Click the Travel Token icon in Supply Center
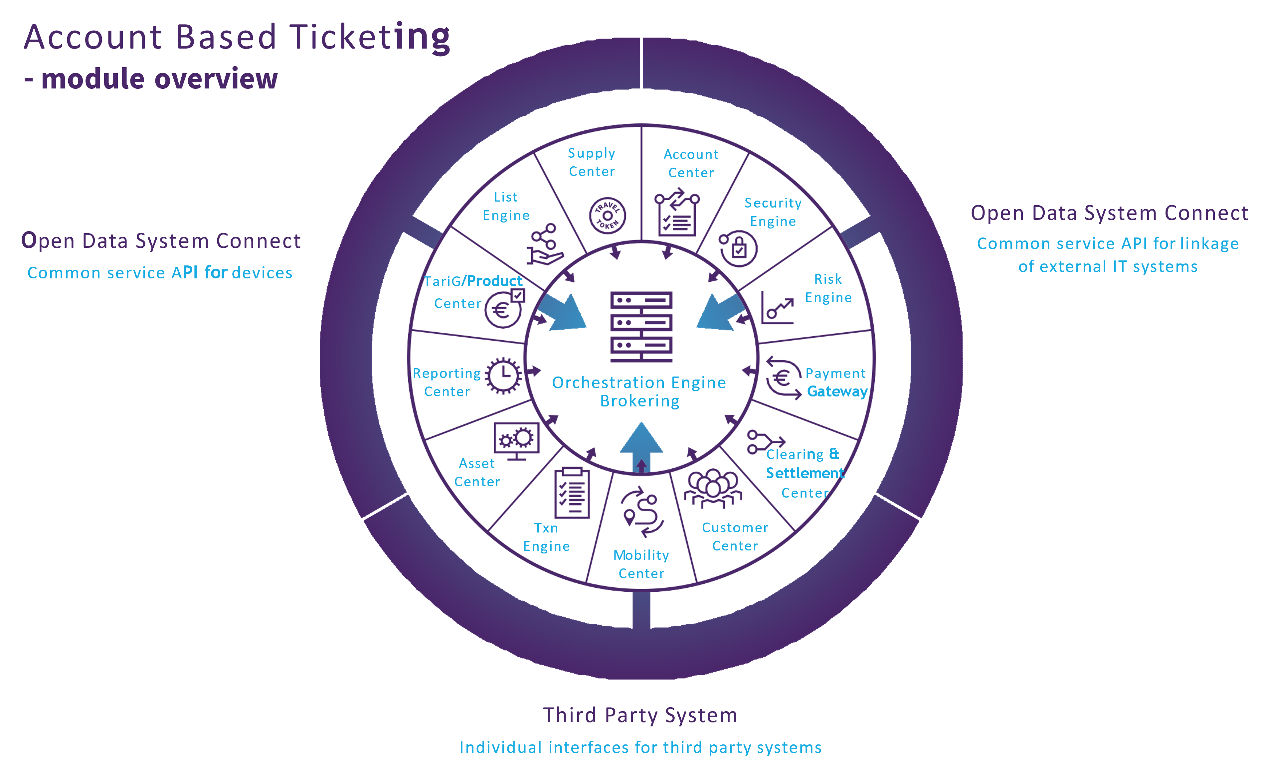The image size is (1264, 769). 607,215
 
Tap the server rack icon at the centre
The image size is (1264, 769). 641,327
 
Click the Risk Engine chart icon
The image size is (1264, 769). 777,308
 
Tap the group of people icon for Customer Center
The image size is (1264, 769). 713,489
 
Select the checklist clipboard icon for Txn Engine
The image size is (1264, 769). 572,493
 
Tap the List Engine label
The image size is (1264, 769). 506,206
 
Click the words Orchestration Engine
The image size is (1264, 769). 639,383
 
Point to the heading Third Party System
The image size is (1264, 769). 640,715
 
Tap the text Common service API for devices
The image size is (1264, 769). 160,273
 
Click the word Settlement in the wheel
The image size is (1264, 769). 805,473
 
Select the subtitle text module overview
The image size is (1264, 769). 159,79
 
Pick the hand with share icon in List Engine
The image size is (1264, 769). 544,244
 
